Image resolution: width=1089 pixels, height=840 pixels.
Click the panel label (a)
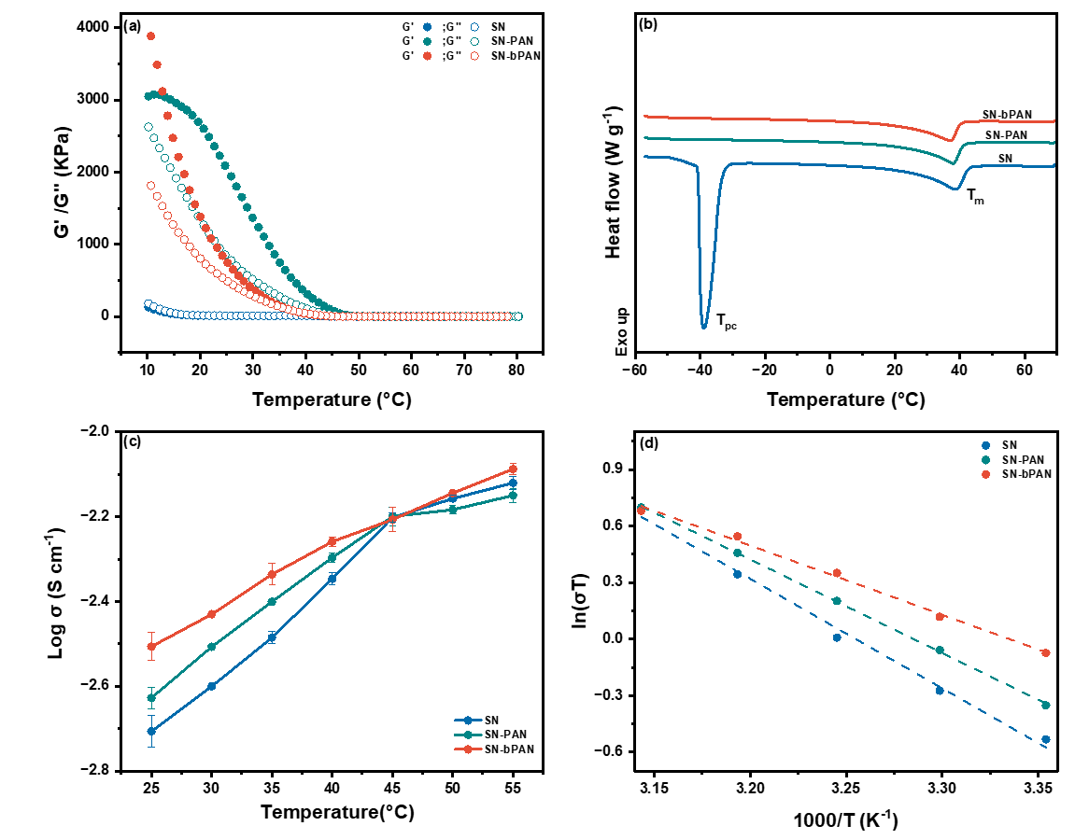[132, 26]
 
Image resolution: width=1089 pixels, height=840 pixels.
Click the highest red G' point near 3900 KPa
[150, 36]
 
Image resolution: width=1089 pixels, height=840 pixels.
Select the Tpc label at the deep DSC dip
[727, 322]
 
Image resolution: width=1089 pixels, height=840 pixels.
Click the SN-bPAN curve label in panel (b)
[1007, 114]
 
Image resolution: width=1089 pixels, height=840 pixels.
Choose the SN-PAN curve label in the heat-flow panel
[1007, 135]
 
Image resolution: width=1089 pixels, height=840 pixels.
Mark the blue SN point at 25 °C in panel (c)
[150, 731]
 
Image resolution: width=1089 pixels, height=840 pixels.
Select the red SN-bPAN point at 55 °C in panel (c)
[512, 469]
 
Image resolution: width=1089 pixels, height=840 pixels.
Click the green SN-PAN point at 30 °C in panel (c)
[211, 647]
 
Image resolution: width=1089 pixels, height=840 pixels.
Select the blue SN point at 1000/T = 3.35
[1045, 739]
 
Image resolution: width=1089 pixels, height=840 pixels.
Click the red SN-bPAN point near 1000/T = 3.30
[940, 617]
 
